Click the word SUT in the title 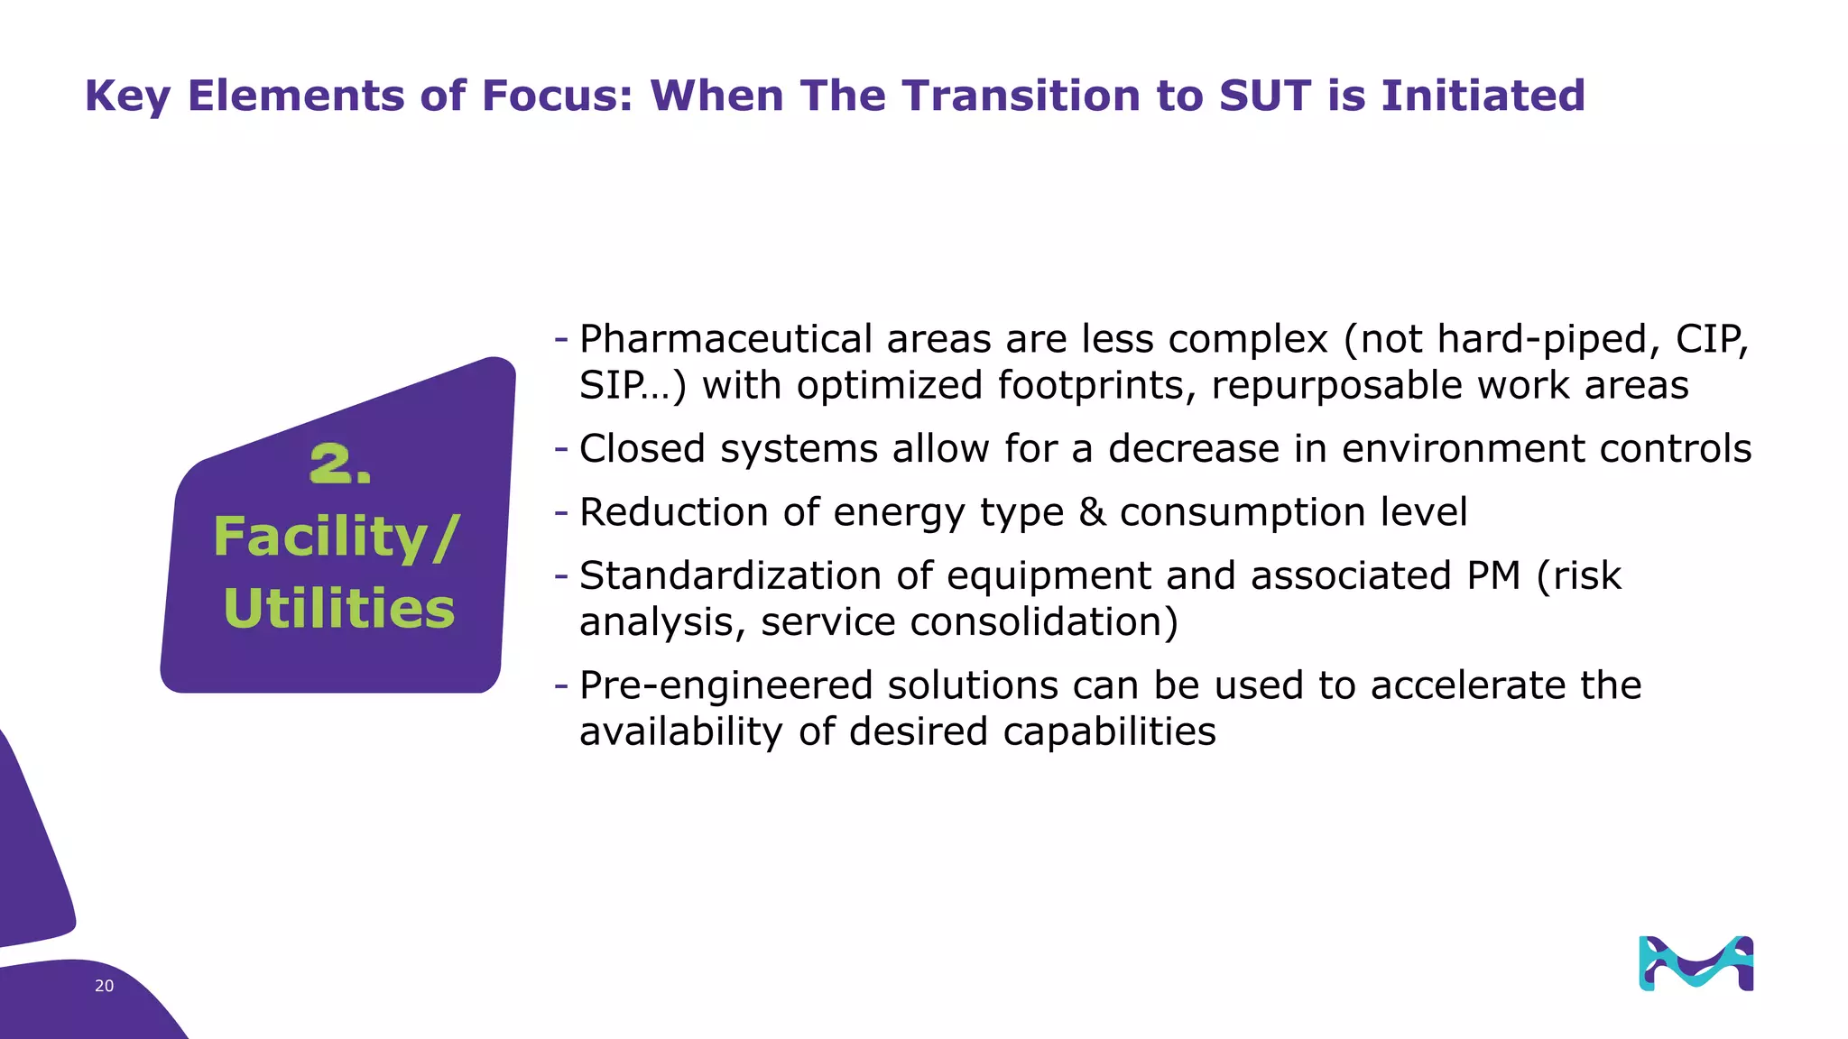pyautogui.click(x=1264, y=96)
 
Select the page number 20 pyautogui.click(x=104, y=986)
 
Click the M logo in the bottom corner pyautogui.click(x=1696, y=963)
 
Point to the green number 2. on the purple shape pyautogui.click(x=339, y=464)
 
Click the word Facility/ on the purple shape pyautogui.click(x=337, y=538)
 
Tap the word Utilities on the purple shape pyautogui.click(x=338, y=609)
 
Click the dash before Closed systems pyautogui.click(x=561, y=448)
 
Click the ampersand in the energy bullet pyautogui.click(x=1092, y=512)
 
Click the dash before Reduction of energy pyautogui.click(x=561, y=511)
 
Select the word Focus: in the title pyautogui.click(x=558, y=96)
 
